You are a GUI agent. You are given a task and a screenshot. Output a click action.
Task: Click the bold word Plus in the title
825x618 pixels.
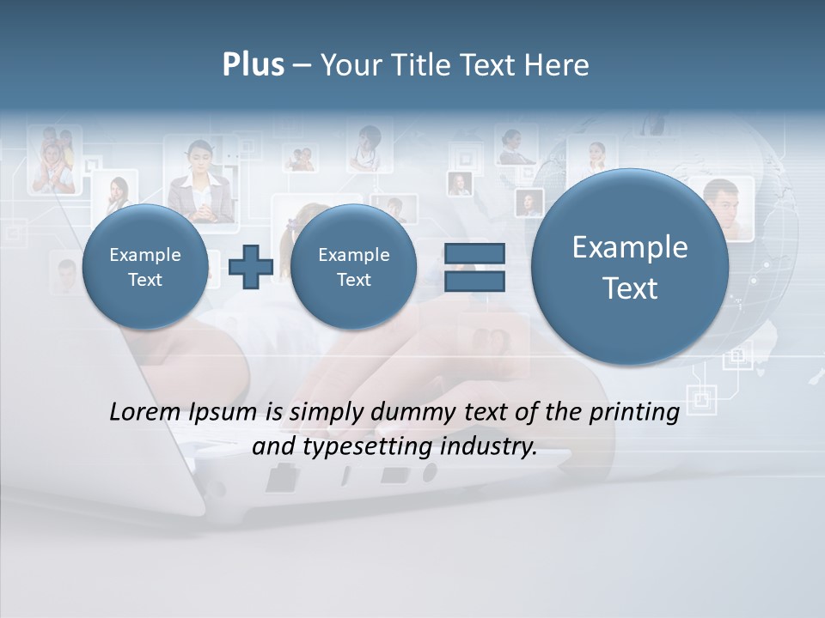click(x=253, y=65)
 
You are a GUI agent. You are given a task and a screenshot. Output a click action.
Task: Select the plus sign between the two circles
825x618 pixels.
click(x=251, y=267)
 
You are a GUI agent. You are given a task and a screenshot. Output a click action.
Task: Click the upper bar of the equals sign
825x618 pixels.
click(x=474, y=253)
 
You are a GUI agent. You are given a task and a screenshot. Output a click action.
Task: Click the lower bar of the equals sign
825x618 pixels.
click(x=474, y=281)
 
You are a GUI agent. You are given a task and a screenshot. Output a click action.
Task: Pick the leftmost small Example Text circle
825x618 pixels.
click(x=144, y=267)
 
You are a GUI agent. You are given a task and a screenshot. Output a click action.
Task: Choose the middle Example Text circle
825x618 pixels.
click(x=353, y=267)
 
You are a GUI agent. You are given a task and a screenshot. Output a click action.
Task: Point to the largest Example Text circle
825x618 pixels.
click(x=630, y=267)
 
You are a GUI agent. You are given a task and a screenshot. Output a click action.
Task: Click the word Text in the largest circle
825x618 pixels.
click(x=630, y=288)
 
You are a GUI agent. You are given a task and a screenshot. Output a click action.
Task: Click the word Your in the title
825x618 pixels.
click(x=346, y=65)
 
